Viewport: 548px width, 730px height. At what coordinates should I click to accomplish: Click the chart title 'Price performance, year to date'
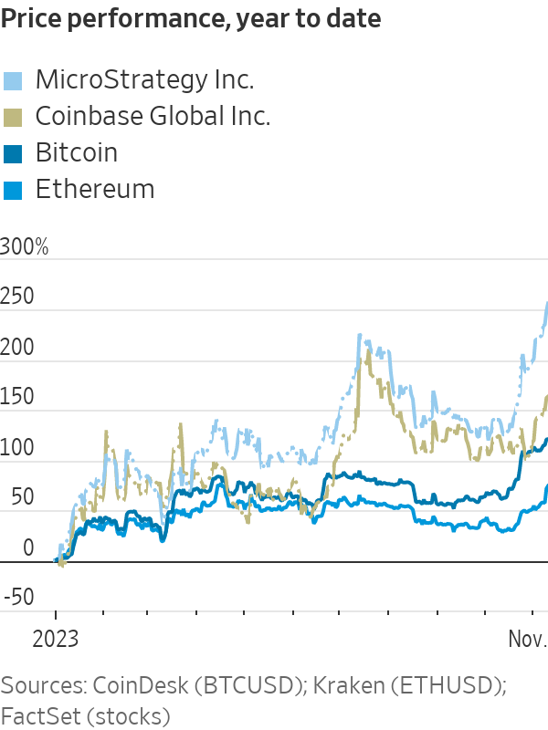(191, 19)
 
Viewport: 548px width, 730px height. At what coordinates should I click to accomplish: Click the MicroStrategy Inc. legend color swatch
(13, 80)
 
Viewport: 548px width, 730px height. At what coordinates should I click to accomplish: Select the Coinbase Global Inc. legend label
(153, 116)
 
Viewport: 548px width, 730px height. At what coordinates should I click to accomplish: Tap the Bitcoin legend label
(76, 152)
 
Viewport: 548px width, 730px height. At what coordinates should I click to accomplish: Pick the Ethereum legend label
(94, 189)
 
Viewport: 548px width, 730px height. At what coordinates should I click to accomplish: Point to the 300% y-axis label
(25, 247)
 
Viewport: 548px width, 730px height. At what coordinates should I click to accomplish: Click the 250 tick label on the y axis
(17, 297)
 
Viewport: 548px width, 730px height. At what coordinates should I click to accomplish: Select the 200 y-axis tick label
(17, 348)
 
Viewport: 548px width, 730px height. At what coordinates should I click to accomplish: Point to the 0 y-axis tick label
(27, 548)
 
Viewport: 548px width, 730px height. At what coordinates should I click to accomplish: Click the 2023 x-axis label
(55, 640)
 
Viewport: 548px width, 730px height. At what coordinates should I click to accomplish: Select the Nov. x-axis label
(527, 640)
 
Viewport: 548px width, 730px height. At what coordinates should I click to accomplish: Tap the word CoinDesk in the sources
(154, 685)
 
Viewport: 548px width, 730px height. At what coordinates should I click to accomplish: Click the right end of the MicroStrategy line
(546, 303)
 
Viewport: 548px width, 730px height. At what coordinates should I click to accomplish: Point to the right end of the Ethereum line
(546, 486)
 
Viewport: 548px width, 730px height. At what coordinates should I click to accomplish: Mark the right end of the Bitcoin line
(546, 440)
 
